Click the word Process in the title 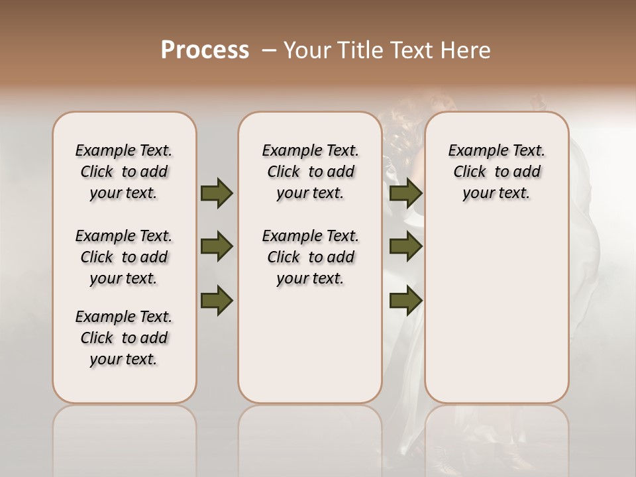pyautogui.click(x=205, y=50)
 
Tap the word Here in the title pyautogui.click(x=466, y=50)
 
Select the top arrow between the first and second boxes pyautogui.click(x=217, y=193)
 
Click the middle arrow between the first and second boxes pyautogui.click(x=217, y=246)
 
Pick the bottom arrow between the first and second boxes pyautogui.click(x=217, y=300)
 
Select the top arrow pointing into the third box pyautogui.click(x=406, y=193)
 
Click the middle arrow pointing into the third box pyautogui.click(x=406, y=246)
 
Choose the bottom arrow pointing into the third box pyautogui.click(x=406, y=300)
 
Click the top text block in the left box pyautogui.click(x=124, y=172)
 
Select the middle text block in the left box pyautogui.click(x=124, y=257)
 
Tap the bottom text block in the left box pyautogui.click(x=124, y=338)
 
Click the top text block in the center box pyautogui.click(x=311, y=172)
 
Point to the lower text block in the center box pyautogui.click(x=311, y=257)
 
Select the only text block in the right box pyautogui.click(x=497, y=172)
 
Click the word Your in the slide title pyautogui.click(x=305, y=50)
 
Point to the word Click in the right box pyautogui.click(x=470, y=172)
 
